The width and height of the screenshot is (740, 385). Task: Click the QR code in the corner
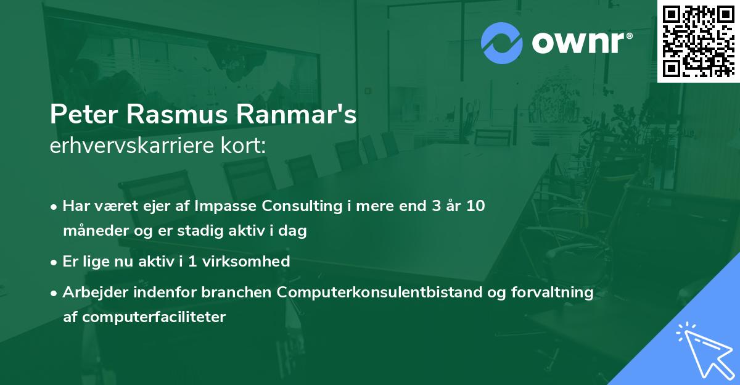click(x=699, y=41)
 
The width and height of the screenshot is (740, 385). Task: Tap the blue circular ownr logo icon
click(x=501, y=43)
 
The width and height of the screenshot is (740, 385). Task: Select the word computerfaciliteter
click(x=152, y=317)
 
